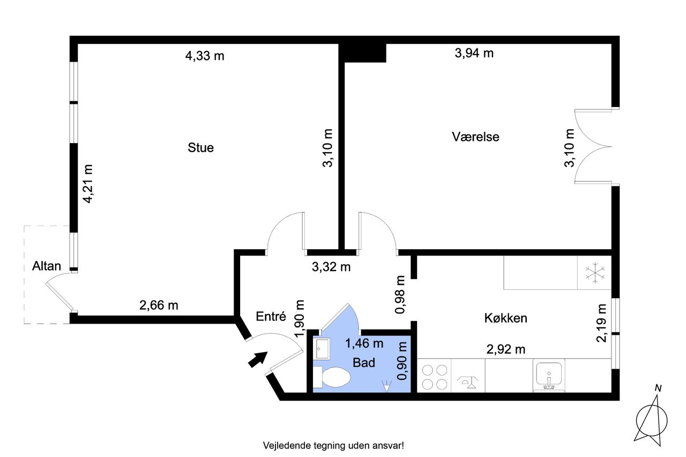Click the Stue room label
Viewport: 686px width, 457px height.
200,147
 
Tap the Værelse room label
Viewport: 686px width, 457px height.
475,137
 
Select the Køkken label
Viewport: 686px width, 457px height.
505,318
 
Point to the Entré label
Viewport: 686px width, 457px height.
271,316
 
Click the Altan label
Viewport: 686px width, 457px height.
47,266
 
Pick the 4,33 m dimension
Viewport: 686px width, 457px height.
205,56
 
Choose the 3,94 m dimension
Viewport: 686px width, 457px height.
474,53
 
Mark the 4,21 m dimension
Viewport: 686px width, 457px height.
88,184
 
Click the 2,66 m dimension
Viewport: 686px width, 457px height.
159,305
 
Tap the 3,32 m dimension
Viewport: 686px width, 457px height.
331,267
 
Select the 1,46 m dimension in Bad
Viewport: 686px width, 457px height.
364,343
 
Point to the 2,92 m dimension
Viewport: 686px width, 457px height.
506,349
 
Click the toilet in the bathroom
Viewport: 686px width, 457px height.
332,377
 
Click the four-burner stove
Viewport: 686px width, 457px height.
434,376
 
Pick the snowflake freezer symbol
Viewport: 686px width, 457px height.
595,272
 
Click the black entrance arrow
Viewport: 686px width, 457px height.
258,359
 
